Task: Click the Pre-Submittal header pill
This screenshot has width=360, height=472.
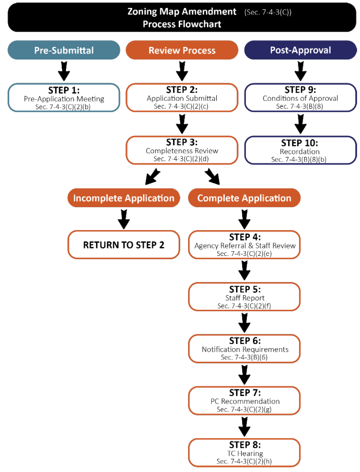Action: [x=64, y=50]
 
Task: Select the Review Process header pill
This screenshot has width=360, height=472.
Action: [x=182, y=50]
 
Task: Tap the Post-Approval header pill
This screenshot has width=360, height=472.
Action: [x=300, y=50]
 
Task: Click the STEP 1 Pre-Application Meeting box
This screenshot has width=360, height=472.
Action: [x=64, y=98]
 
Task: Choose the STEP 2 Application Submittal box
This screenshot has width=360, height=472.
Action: [x=182, y=98]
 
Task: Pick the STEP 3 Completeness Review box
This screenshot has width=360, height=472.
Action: [x=182, y=150]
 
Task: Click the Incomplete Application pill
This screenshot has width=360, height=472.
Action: [x=123, y=198]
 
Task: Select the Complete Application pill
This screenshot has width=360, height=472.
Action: [x=244, y=198]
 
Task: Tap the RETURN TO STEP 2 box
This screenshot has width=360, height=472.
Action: [x=123, y=244]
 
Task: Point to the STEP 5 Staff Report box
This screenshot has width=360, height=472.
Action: [x=244, y=297]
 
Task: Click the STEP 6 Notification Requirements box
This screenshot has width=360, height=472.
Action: [x=244, y=349]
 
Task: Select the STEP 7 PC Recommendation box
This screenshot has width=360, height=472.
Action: [x=244, y=401]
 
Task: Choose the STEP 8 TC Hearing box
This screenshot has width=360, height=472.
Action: [x=244, y=453]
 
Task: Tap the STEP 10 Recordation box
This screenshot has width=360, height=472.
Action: [x=300, y=150]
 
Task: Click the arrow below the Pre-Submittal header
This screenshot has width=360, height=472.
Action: [x=64, y=71]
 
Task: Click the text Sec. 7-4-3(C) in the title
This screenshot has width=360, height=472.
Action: [x=268, y=12]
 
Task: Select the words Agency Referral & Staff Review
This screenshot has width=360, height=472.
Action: [x=245, y=246]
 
